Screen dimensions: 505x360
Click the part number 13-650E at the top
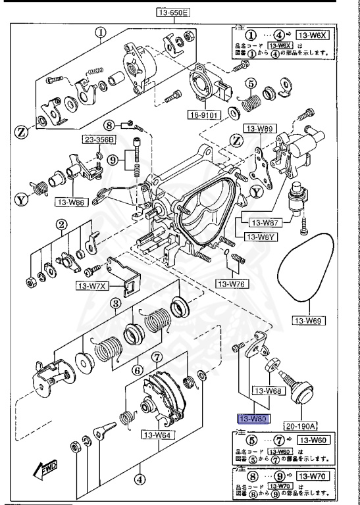click(173, 12)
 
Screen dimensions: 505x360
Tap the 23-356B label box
click(98, 139)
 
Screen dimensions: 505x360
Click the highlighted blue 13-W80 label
click(252, 418)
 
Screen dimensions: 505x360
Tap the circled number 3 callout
click(115, 303)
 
